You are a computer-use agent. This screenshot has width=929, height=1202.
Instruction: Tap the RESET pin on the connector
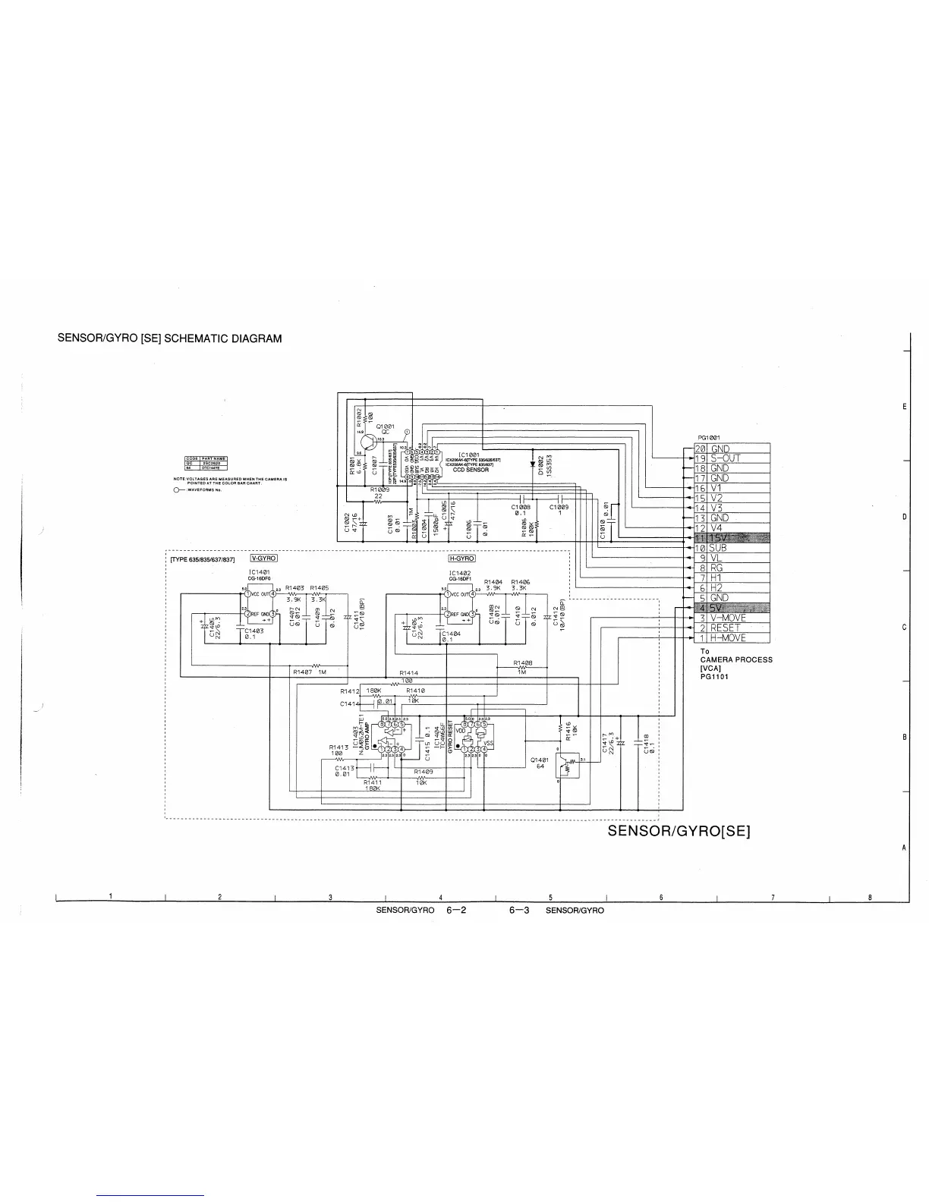coord(725,628)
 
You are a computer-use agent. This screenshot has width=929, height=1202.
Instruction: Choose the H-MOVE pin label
coord(728,637)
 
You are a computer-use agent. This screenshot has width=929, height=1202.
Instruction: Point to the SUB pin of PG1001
coord(718,548)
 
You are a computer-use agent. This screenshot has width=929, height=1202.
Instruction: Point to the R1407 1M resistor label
coord(309,672)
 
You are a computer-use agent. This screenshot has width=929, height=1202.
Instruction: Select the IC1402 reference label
coord(461,573)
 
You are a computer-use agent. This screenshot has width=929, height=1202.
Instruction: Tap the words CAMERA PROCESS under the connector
coord(736,659)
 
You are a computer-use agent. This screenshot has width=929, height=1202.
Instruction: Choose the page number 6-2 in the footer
coord(455,910)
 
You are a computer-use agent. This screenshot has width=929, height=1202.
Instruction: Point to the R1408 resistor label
coord(522,662)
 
